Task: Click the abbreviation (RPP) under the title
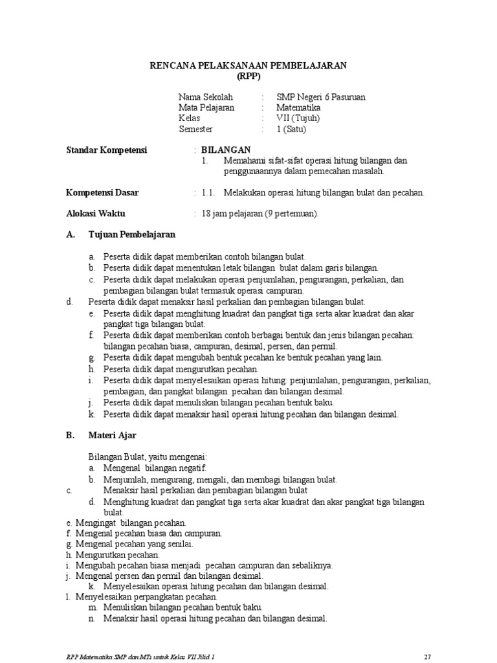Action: [x=248, y=76]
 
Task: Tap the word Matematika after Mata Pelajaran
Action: [x=298, y=107]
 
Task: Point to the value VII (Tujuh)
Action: [x=298, y=118]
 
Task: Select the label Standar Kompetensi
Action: [x=107, y=150]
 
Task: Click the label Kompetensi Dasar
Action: [x=102, y=193]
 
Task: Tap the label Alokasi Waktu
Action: [x=96, y=214]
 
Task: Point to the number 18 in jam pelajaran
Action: [x=206, y=214]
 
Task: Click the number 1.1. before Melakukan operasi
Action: [x=208, y=193]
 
